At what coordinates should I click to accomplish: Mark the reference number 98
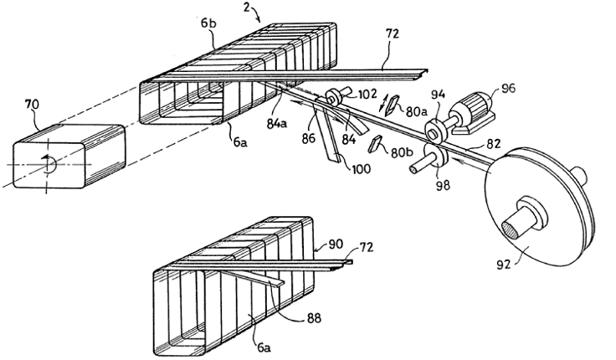tap(439, 183)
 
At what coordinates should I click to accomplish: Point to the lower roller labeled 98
tap(431, 156)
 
